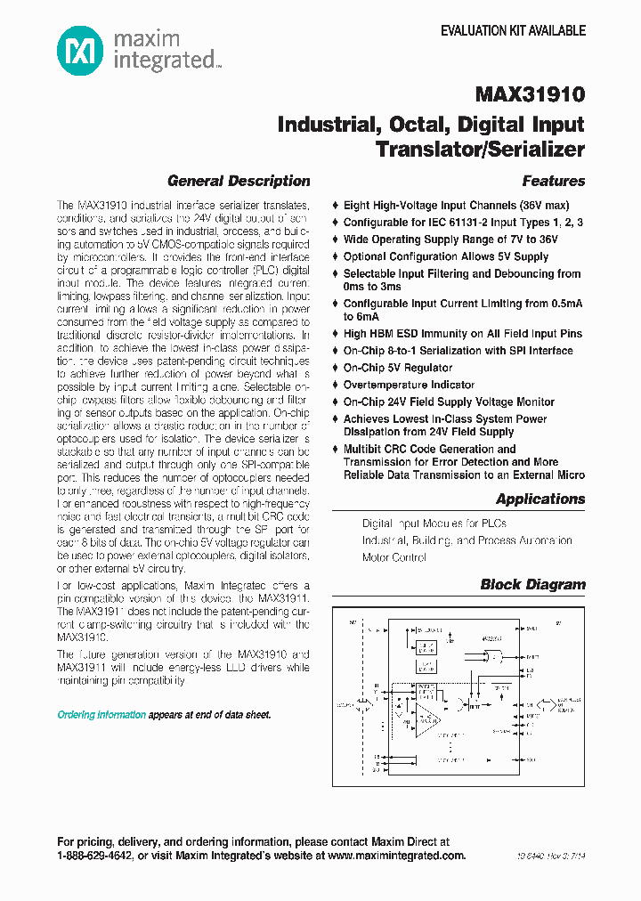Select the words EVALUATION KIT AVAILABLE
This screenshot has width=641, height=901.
tap(514, 30)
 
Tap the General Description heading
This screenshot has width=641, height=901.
tap(239, 182)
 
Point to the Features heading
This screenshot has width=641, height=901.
tap(554, 182)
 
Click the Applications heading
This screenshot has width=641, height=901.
tap(540, 499)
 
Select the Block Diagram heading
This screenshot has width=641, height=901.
tap(532, 585)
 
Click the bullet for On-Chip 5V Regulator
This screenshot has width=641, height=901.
tap(336, 368)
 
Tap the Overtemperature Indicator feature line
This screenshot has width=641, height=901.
tap(409, 385)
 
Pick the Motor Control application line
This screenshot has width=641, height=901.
tap(394, 557)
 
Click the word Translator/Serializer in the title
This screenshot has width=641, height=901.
tap(480, 149)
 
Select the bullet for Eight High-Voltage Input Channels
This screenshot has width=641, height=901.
tap(336, 205)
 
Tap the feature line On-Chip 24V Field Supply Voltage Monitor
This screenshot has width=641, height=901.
tap(449, 402)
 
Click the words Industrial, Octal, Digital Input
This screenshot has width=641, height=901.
tap(431, 124)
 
